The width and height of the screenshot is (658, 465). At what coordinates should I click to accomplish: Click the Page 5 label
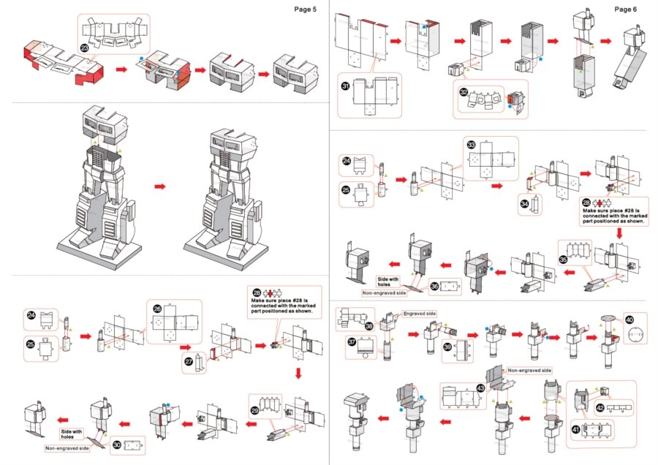tap(306, 10)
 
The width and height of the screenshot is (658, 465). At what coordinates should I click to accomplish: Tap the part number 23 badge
tap(85, 48)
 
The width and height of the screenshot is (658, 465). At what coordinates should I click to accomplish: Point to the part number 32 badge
tap(464, 92)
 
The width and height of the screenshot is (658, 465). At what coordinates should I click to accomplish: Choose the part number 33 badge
tap(471, 146)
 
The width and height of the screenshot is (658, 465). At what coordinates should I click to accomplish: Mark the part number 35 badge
tap(563, 259)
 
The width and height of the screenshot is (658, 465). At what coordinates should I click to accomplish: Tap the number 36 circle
tap(435, 287)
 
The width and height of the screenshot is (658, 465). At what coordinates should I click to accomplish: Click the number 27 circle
tap(189, 361)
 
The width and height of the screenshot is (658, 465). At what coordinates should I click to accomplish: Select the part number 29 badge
tap(255, 411)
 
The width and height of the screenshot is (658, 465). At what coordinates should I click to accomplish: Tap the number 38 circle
tap(368, 326)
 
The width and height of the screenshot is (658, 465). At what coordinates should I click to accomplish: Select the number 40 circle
tap(628, 320)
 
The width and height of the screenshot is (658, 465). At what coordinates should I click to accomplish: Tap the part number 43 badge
tap(480, 388)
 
